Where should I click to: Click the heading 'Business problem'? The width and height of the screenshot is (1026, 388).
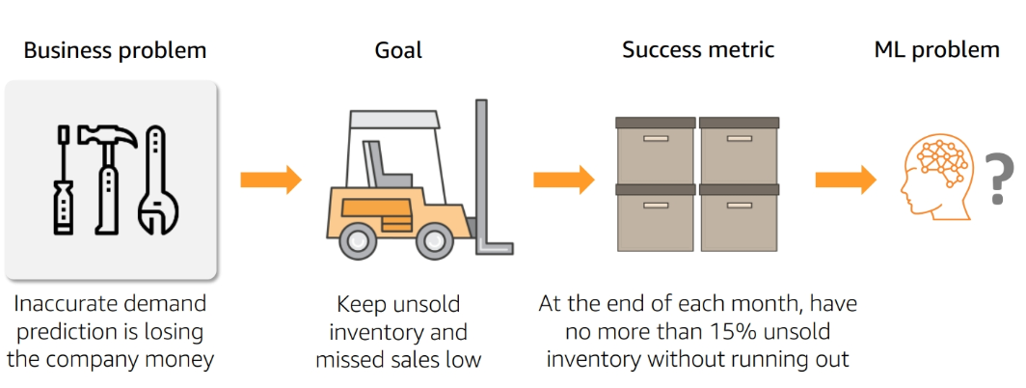point(115,49)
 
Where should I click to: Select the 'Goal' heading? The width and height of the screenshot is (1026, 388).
point(398,49)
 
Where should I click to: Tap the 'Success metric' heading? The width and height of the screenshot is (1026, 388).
point(698,49)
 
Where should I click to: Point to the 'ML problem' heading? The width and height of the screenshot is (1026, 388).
point(936,49)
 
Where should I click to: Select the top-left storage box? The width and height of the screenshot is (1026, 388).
point(655,152)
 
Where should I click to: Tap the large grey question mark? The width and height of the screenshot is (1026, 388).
point(999,180)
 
